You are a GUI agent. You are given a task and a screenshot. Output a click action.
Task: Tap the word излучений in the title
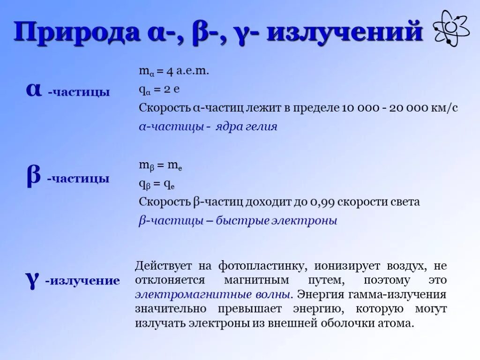[345, 33]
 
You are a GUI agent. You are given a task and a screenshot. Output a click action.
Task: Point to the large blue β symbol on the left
[33, 177]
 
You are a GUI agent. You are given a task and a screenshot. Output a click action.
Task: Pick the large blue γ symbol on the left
[32, 279]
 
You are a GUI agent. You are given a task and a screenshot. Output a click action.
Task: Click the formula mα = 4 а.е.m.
[173, 71]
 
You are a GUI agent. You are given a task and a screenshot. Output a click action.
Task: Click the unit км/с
[445, 108]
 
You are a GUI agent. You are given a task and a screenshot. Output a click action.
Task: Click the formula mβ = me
[160, 165]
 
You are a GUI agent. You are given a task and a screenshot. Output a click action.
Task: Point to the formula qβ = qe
[157, 184]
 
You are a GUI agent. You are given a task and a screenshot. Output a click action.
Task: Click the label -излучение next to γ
[82, 281]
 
